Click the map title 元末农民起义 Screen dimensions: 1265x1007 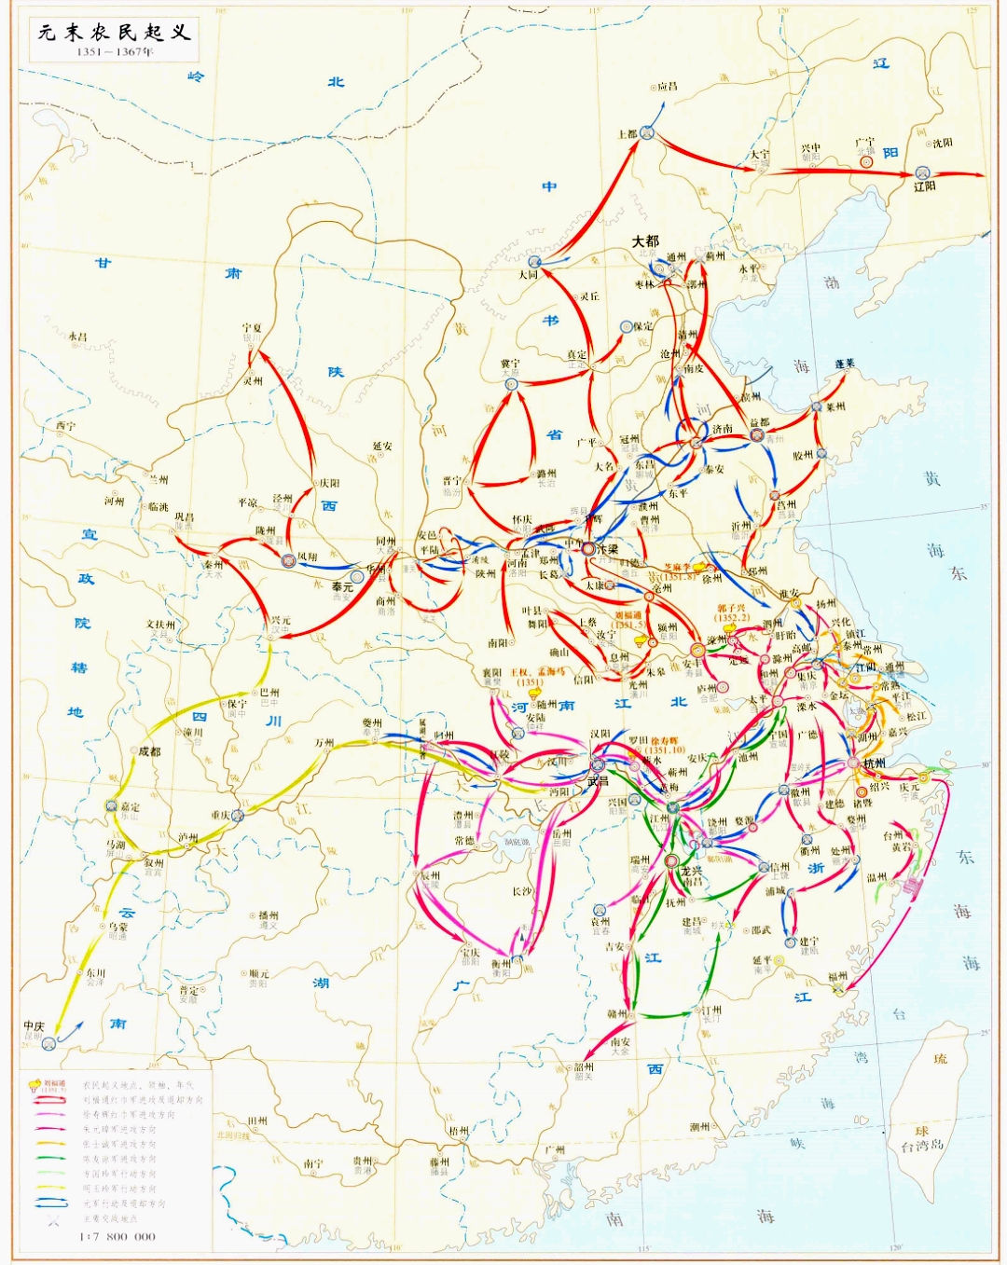(x=114, y=33)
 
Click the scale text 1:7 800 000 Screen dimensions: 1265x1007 (x=117, y=1236)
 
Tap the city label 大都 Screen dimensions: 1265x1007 (x=645, y=241)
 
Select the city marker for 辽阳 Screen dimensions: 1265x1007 (x=922, y=172)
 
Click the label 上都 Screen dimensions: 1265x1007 (x=627, y=134)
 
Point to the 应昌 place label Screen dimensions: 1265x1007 (x=668, y=87)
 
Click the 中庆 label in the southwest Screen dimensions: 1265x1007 (x=34, y=1026)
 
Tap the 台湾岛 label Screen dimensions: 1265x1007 (x=921, y=1145)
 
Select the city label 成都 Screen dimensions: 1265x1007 (x=149, y=750)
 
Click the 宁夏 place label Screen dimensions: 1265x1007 (x=252, y=329)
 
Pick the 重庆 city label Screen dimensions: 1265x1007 (x=219, y=815)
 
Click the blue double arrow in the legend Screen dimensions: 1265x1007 (x=50, y=1203)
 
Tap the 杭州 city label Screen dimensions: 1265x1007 (x=875, y=763)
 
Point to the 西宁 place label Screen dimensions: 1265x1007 (x=65, y=426)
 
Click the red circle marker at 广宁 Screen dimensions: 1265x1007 (x=866, y=160)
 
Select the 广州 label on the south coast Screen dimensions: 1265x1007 (x=555, y=1149)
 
